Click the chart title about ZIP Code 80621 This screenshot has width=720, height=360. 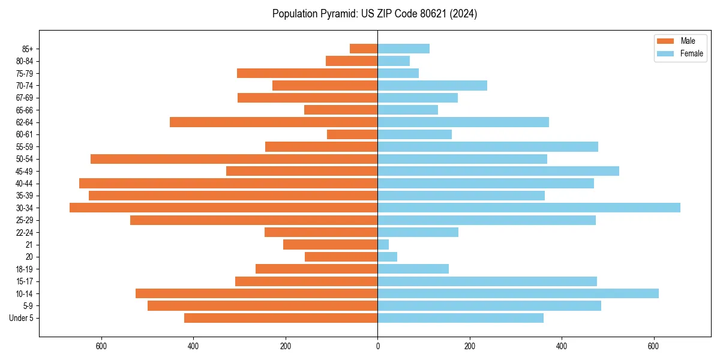pyautogui.click(x=374, y=14)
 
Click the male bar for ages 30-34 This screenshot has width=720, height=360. pyautogui.click(x=223, y=208)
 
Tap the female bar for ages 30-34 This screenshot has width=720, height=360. pyautogui.click(x=529, y=208)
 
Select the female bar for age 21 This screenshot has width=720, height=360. pyautogui.click(x=383, y=244)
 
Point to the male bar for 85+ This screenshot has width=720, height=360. pyautogui.click(x=364, y=49)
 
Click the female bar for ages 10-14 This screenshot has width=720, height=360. pyautogui.click(x=518, y=293)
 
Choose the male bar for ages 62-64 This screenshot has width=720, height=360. pyautogui.click(x=274, y=122)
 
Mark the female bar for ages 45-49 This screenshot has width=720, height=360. pyautogui.click(x=498, y=171)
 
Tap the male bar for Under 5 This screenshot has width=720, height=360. pyautogui.click(x=281, y=318)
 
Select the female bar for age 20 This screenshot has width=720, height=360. pyautogui.click(x=387, y=257)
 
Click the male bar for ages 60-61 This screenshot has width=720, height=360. pyautogui.click(x=352, y=134)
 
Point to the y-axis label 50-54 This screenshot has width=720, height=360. pyautogui.click(x=25, y=159)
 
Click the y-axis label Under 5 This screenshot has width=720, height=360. pyautogui.click(x=21, y=318)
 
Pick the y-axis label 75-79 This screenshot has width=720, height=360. pyautogui.click(x=25, y=73)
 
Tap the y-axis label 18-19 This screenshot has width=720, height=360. pyautogui.click(x=25, y=269)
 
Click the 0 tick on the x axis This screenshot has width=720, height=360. pyautogui.click(x=377, y=346)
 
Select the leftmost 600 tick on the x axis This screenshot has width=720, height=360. pyautogui.click(x=101, y=346)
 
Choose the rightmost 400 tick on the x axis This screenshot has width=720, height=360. pyautogui.click(x=562, y=346)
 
